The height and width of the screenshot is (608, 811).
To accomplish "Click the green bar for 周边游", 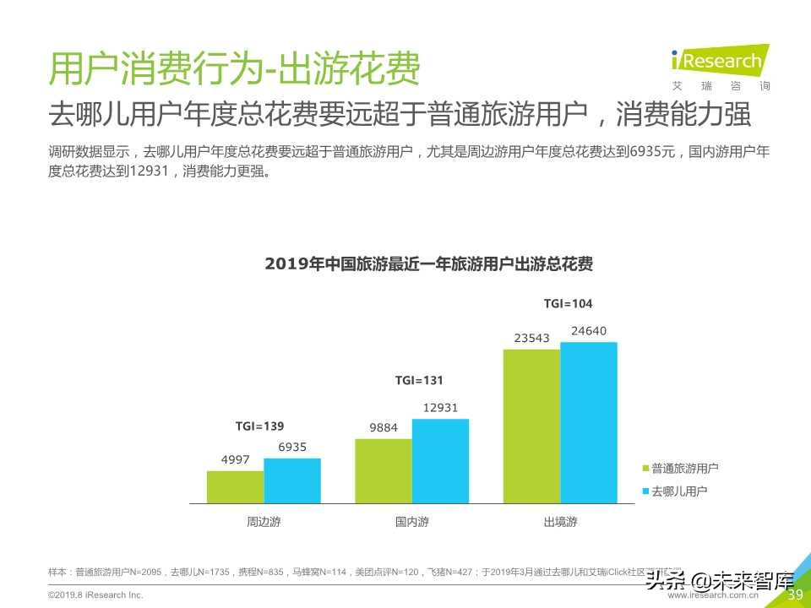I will [235, 487].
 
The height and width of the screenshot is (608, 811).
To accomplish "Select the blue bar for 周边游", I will [292, 480].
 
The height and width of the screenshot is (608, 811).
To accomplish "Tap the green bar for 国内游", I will [384, 471].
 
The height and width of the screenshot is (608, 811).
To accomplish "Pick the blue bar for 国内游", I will [440, 461].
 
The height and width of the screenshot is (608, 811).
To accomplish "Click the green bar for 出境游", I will [531, 426].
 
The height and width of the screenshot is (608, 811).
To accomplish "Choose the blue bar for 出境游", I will [589, 422].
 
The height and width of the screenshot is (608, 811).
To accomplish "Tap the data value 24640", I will [589, 331].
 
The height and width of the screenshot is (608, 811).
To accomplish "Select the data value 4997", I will [235, 459].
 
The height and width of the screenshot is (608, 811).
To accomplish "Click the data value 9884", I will [384, 428].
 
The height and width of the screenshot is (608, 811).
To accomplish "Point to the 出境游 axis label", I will [560, 522].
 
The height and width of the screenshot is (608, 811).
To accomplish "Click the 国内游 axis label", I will [412, 522].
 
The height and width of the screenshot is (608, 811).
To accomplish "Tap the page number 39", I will [794, 594].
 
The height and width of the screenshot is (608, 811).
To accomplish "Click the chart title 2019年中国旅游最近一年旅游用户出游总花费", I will [428, 263].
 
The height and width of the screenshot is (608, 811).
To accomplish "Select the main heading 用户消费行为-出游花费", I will [234, 69].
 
